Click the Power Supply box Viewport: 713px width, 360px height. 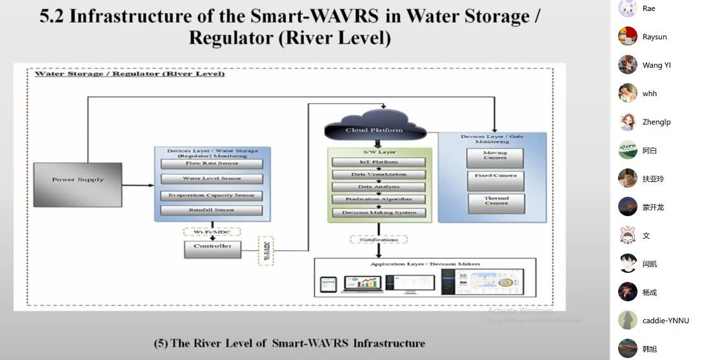[x=77, y=179]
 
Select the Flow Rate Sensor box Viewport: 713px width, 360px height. [x=212, y=163]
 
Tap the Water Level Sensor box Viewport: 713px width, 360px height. [x=212, y=179]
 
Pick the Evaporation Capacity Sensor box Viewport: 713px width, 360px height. [x=212, y=195]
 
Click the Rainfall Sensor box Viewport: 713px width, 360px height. [x=212, y=210]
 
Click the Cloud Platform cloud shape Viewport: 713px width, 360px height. [x=374, y=128]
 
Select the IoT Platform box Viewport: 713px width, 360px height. [x=379, y=162]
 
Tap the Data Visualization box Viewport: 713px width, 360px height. [x=379, y=174]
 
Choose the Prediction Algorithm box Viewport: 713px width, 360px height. [x=379, y=199]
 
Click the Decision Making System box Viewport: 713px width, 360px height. [x=379, y=212]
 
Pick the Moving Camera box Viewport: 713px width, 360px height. [x=496, y=157]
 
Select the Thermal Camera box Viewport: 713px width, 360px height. [x=496, y=202]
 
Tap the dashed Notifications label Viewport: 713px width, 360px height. [x=379, y=239]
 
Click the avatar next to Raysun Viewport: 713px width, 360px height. [x=628, y=37]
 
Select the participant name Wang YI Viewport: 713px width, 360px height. [x=657, y=65]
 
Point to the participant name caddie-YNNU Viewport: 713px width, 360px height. [x=666, y=321]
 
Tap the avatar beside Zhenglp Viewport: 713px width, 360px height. [x=628, y=122]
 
